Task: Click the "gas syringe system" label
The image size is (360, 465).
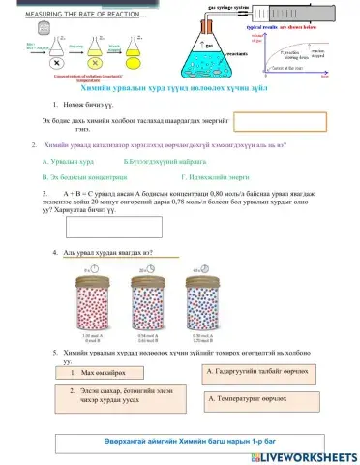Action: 228,8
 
